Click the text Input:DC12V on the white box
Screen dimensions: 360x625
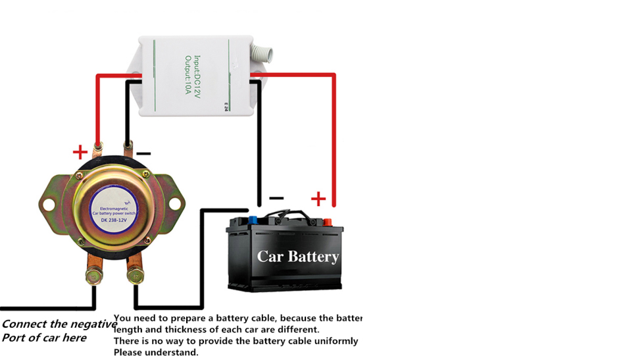201,74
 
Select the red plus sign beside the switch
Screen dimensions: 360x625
80,153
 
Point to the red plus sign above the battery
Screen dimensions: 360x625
318,198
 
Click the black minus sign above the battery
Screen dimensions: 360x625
276,197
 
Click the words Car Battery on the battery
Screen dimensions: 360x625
298,256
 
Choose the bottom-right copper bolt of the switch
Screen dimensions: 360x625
134,271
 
